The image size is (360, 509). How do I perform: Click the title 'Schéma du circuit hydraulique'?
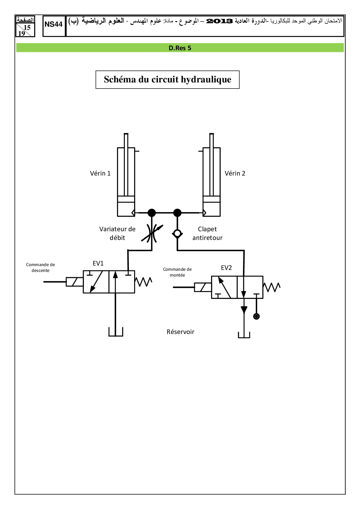(x=168, y=80)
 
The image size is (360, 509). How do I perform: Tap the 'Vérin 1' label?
(x=100, y=174)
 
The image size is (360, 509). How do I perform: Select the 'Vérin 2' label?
(x=235, y=174)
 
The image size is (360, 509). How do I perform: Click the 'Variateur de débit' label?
(x=117, y=233)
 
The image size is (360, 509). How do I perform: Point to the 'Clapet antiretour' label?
(x=207, y=233)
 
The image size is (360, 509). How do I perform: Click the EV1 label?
(x=98, y=263)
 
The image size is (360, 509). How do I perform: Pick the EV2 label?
(x=226, y=268)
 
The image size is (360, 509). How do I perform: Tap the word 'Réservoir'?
(x=180, y=332)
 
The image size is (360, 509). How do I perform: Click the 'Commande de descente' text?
(x=40, y=268)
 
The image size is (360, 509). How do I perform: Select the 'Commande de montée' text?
(x=177, y=272)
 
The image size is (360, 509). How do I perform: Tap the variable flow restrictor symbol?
(x=152, y=233)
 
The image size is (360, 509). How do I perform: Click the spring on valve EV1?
(x=143, y=282)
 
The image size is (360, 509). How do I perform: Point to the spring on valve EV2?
(x=272, y=287)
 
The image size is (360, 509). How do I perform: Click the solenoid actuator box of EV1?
(x=75, y=282)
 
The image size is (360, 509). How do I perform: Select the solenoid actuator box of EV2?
(x=203, y=287)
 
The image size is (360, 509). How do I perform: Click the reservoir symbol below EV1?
(x=116, y=332)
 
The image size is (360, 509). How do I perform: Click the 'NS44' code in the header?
(x=54, y=25)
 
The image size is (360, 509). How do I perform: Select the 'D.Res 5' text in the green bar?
(x=180, y=48)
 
